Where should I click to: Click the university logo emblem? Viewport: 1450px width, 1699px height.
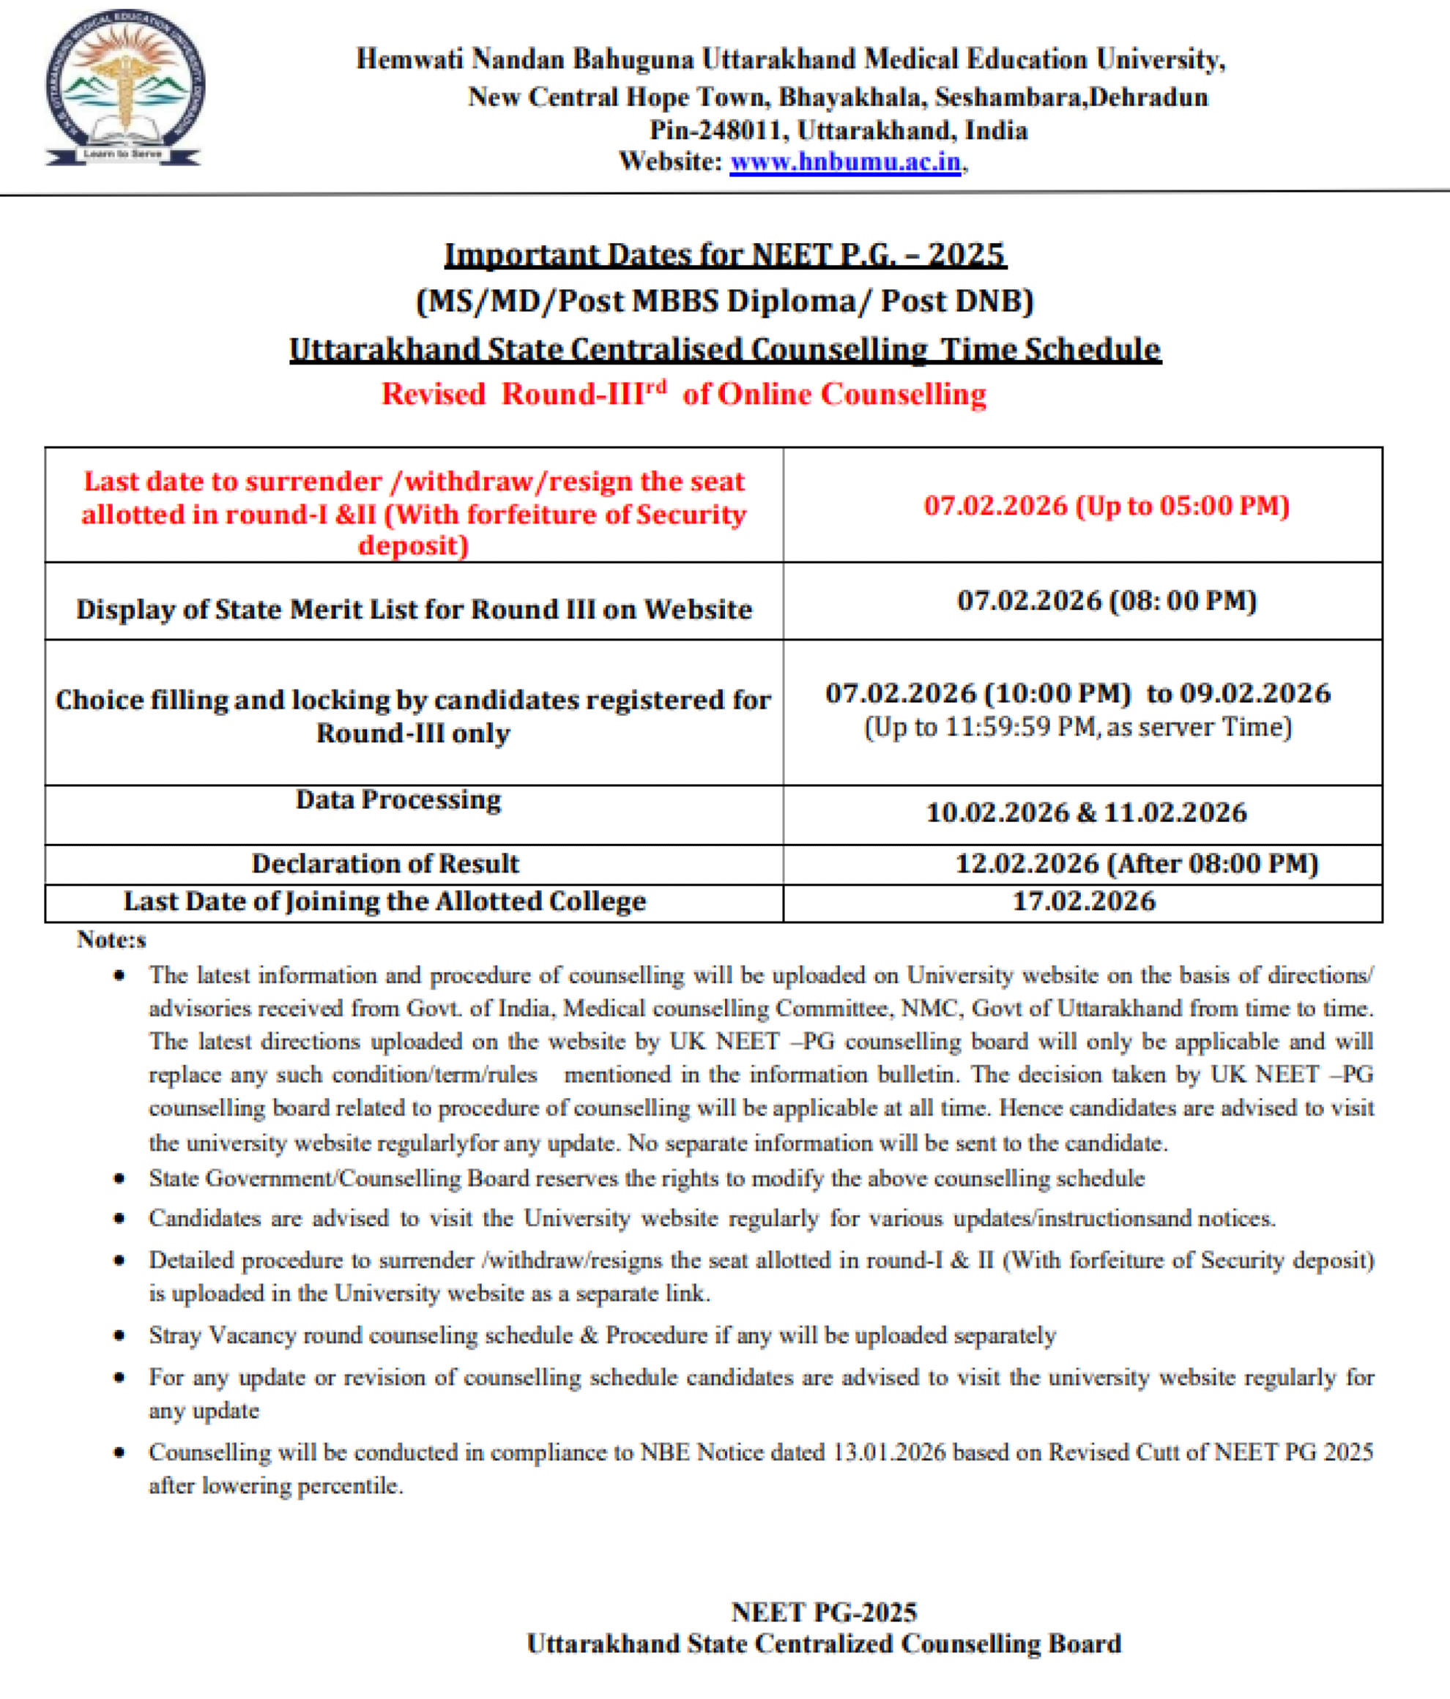pos(124,87)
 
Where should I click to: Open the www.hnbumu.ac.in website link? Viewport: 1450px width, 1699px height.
pos(845,162)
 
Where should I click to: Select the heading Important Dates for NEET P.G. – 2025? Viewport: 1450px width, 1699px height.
pos(724,255)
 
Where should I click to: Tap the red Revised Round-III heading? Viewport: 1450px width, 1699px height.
pos(683,394)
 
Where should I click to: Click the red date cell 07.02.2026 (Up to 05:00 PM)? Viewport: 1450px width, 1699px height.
pos(1106,505)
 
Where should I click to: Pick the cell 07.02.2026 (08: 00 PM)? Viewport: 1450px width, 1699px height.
pos(1106,600)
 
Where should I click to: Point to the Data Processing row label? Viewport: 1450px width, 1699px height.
pos(398,799)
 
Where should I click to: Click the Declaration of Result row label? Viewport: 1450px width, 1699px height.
pos(384,864)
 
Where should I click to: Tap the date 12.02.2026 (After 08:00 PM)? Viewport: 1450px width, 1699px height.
pos(1136,864)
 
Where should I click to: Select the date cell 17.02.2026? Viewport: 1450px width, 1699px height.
pos(1082,901)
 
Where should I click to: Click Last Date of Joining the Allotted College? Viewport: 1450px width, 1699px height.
pos(384,901)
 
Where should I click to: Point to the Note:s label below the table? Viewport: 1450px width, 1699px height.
pos(111,940)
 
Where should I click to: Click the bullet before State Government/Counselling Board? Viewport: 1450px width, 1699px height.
pos(120,1179)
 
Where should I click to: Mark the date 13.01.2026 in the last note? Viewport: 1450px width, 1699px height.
pos(889,1452)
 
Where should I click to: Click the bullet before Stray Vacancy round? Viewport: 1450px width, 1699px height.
pos(120,1336)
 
